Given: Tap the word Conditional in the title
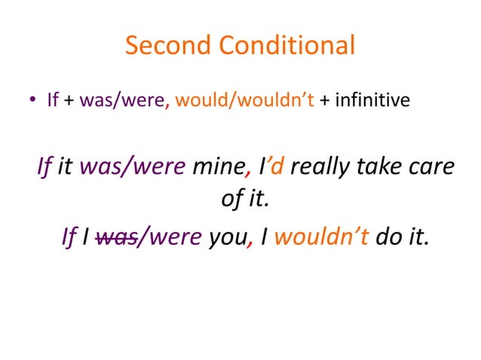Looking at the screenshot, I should coord(287,46).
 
